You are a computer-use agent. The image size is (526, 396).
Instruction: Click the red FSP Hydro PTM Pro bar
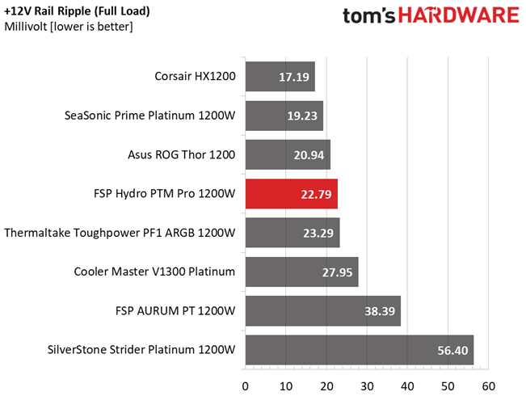pos(292,194)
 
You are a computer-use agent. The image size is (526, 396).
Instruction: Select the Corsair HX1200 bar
pos(280,77)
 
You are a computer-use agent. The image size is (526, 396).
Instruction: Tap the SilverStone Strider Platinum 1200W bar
pos(360,350)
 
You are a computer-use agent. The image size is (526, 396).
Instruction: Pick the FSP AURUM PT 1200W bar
pos(323,311)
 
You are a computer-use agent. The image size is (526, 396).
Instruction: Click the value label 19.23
pos(302,116)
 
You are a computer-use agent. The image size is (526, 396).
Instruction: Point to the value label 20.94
pos(309,155)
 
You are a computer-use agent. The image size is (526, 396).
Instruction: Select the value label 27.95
pos(337,272)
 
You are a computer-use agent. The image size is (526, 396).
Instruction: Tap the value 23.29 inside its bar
pos(318,233)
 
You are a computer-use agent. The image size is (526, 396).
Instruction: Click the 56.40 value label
pos(452,351)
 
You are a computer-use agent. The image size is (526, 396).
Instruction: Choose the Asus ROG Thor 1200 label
pos(182,154)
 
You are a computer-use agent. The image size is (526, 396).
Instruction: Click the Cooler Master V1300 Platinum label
pos(154,272)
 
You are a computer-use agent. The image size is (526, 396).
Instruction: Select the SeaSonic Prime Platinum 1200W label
pos(150,116)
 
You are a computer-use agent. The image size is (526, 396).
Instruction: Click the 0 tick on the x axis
pos(245,386)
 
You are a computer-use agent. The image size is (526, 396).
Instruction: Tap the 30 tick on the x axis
pos(367,386)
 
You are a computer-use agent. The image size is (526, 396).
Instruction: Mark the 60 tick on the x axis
pos(488,386)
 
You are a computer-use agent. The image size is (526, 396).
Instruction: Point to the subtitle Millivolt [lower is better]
pos(69,27)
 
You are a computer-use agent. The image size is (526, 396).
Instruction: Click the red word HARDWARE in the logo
pos(459,15)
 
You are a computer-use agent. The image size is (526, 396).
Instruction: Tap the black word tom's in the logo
pos(369,16)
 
